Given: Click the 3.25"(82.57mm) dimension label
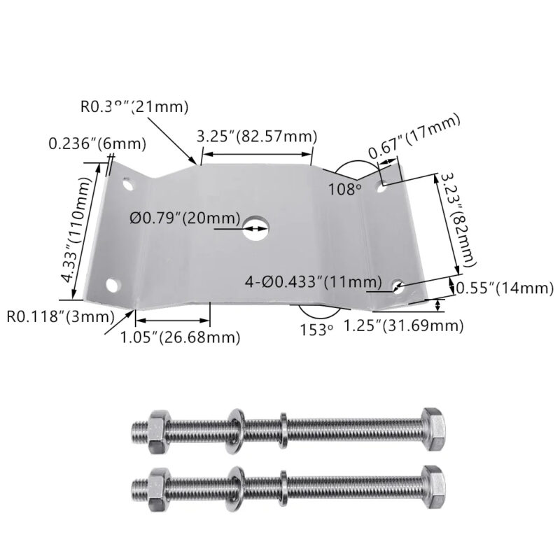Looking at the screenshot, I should (257, 136).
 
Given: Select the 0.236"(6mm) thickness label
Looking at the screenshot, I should (97, 144).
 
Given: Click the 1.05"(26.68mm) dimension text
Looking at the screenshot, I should (180, 337).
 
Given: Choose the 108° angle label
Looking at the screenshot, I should (345, 188).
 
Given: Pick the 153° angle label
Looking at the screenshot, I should (316, 329).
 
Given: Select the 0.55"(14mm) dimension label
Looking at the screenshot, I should (505, 288).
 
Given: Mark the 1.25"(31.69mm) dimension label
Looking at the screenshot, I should (404, 325).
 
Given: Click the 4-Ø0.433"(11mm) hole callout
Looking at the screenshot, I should (313, 282).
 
